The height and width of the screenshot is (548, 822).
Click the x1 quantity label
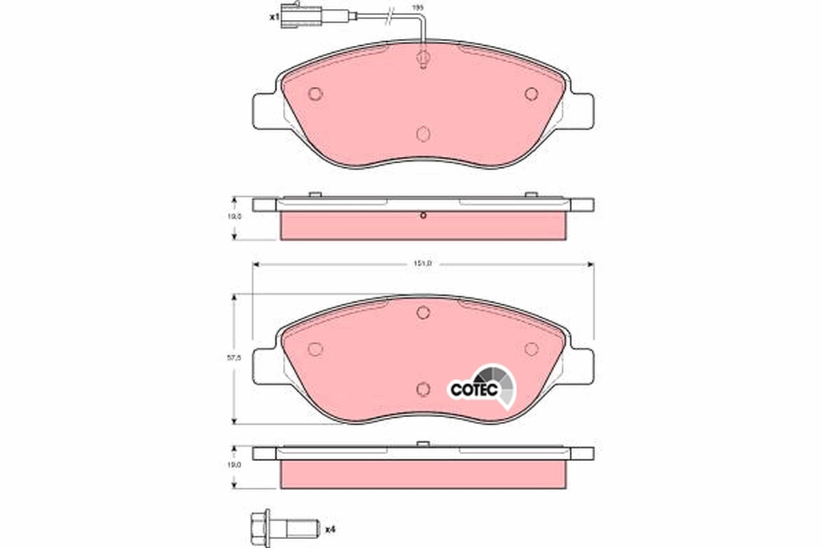274,17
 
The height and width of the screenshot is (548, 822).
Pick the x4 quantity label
329,529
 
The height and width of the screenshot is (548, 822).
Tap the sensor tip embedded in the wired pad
423,59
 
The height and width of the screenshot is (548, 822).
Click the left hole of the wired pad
315,94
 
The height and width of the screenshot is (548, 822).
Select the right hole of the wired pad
532,94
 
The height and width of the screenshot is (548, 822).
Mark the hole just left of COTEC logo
423,388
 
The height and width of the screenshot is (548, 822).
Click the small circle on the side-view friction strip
423,217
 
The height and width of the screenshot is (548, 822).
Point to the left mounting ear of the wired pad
266,110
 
